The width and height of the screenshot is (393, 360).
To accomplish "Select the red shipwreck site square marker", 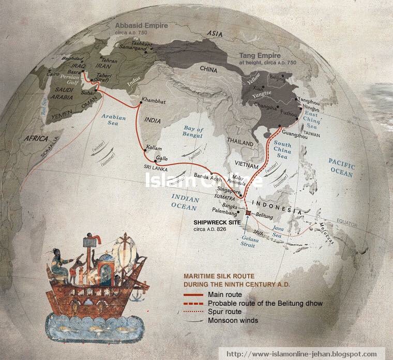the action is [248, 213].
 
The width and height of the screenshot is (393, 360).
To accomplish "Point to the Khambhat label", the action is [153, 102].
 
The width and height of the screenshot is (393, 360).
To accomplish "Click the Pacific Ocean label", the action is [342, 168].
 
